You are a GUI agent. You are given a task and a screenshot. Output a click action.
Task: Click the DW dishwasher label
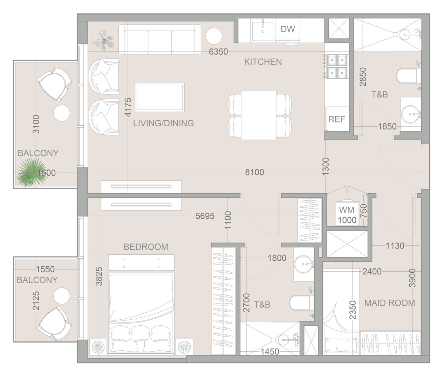click(288, 29)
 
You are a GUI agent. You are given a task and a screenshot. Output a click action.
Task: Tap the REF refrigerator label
click(337, 119)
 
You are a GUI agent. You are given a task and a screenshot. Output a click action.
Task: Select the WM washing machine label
click(347, 210)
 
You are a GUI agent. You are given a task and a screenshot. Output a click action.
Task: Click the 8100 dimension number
click(254, 172)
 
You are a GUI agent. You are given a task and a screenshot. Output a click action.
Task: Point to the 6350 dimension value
click(218, 52)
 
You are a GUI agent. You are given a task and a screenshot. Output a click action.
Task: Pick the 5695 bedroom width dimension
click(205, 216)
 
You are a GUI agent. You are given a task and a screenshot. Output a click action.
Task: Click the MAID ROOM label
click(390, 303)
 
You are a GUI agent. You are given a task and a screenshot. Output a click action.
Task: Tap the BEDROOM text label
click(146, 247)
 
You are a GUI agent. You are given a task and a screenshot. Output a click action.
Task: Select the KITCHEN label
click(263, 62)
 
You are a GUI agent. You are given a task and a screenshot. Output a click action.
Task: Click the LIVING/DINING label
click(163, 123)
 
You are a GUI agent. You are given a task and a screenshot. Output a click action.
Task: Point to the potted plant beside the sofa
click(103, 40)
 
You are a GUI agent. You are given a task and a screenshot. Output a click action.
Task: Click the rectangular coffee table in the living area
click(159, 97)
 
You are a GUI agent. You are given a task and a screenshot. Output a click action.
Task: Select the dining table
click(259, 115)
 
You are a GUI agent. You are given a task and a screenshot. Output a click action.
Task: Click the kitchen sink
click(263, 31)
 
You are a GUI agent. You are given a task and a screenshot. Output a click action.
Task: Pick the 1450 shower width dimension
click(270, 352)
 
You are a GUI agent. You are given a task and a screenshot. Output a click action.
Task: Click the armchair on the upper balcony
click(55, 84)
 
